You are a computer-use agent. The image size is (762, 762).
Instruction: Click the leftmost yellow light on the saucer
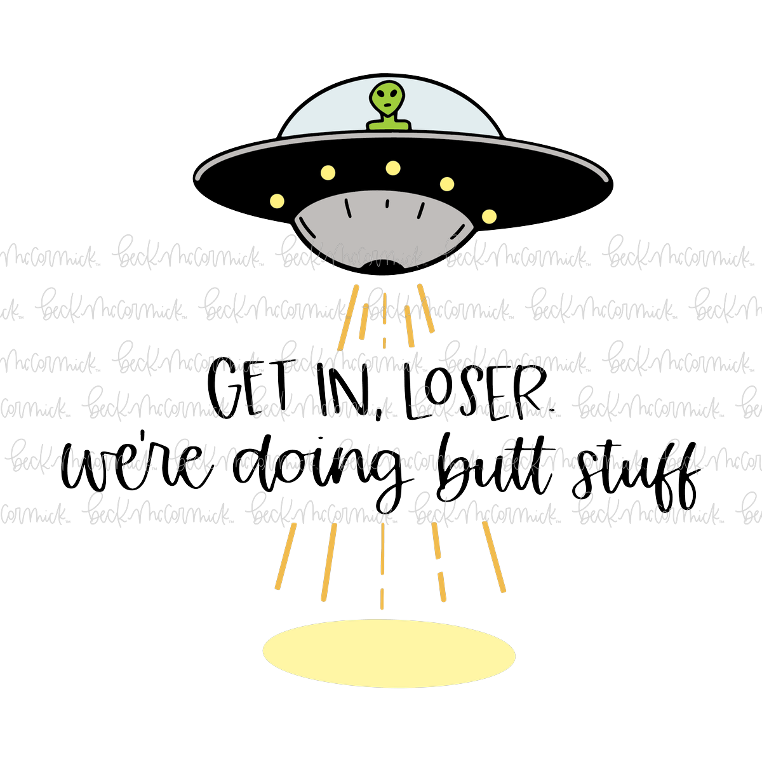(x=277, y=201)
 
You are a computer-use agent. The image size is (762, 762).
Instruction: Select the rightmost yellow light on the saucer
(x=489, y=217)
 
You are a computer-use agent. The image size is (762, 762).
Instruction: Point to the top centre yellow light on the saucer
(x=392, y=168)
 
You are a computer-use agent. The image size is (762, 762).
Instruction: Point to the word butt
(x=495, y=467)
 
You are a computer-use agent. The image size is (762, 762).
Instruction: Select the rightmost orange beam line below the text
(x=494, y=557)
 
